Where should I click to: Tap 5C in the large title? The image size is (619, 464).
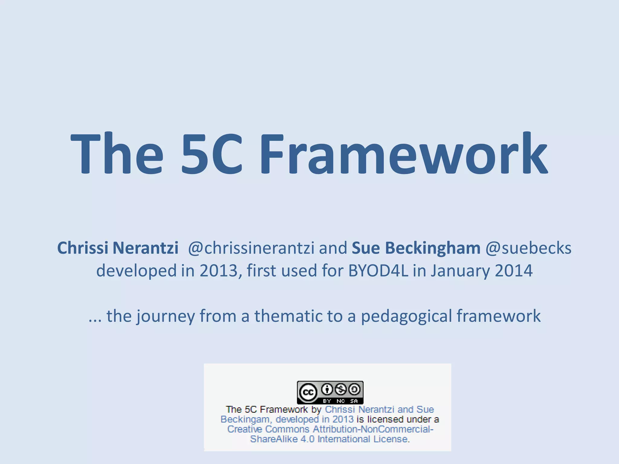212,154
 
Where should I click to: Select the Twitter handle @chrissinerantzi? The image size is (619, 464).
251,248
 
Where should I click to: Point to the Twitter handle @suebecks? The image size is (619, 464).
528,248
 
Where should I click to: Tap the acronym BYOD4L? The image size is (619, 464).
378,270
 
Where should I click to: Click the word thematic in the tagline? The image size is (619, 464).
288,316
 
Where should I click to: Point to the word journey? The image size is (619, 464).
166,316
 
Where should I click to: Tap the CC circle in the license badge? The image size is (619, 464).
308,392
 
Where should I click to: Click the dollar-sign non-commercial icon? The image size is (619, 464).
341,389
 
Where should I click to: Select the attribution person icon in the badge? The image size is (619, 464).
327,389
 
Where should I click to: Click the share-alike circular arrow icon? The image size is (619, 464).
355,389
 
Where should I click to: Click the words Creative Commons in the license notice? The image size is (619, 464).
268,429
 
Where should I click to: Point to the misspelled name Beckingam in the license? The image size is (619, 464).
245,419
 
